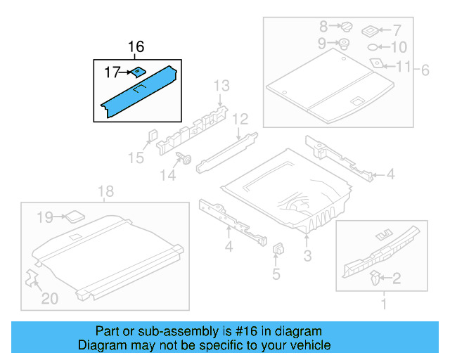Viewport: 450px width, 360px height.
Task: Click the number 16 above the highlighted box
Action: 136,47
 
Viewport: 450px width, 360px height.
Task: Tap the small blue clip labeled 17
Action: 138,71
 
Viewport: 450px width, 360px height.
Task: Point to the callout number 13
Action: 221,86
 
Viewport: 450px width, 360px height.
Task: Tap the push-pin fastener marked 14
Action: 187,159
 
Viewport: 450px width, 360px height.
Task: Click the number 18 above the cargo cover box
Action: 105,191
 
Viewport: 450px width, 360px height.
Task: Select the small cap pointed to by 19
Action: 74,217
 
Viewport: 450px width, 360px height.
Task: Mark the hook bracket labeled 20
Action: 32,278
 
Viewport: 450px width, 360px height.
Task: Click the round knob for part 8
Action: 346,27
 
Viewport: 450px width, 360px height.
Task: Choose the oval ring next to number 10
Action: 373,47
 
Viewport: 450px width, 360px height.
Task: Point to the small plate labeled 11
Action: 377,63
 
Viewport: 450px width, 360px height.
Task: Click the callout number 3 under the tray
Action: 307,257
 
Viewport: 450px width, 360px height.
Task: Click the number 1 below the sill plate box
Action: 384,304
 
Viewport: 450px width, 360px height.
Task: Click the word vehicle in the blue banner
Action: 307,345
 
